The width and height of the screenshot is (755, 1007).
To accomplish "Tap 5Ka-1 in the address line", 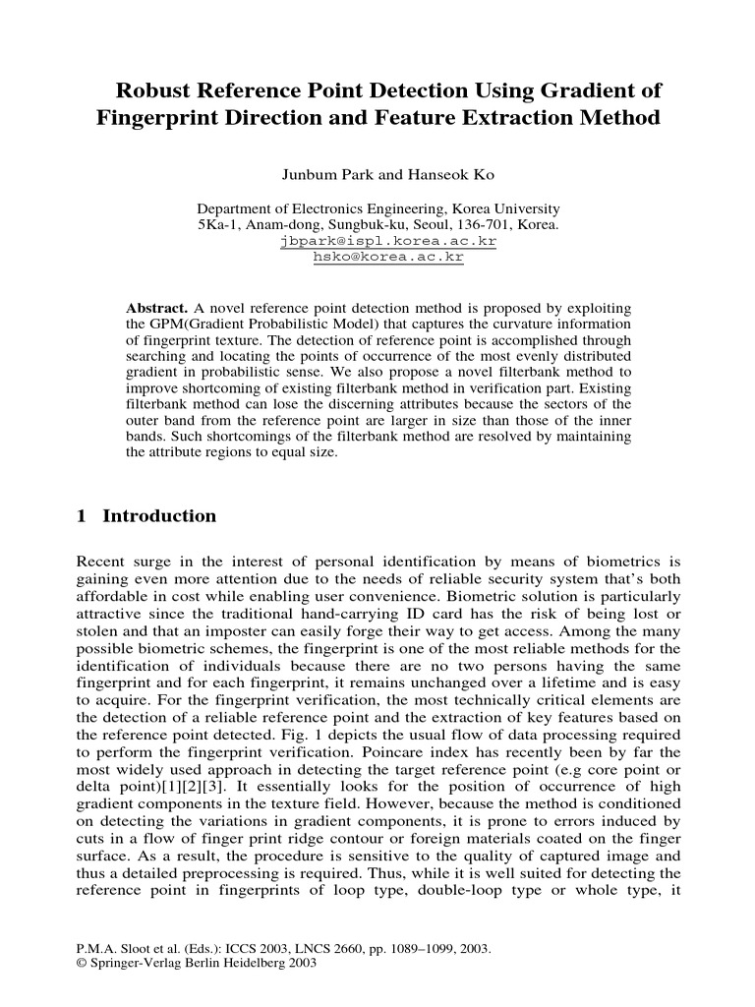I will click(219, 225).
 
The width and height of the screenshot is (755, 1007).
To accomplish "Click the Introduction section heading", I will click(159, 516).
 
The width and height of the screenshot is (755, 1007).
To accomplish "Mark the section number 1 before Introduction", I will click(82, 516).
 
